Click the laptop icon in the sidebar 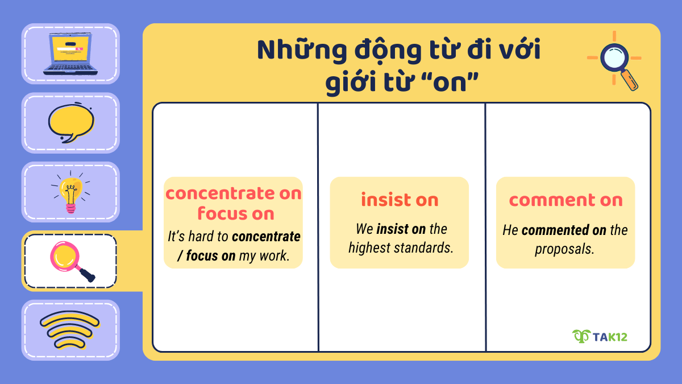point(70,53)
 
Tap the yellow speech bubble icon point(70,123)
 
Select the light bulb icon point(70,192)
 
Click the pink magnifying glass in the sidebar point(70,261)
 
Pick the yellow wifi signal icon point(70,330)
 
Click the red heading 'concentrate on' point(234,193)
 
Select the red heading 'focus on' point(236,213)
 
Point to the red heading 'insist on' point(400,200)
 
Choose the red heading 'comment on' point(565,200)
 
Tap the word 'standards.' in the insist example point(426,248)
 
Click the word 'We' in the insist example point(364,229)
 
